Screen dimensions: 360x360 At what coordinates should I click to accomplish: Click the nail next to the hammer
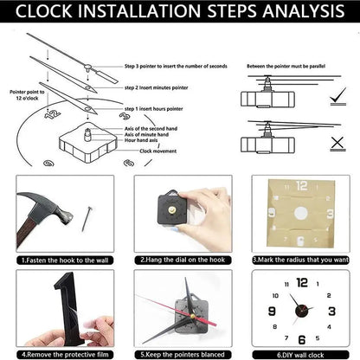87,216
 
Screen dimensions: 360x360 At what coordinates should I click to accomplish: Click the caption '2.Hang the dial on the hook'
180,258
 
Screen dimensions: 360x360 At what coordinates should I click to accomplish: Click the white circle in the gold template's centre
300,214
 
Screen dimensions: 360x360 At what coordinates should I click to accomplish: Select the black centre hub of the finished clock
299,308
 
